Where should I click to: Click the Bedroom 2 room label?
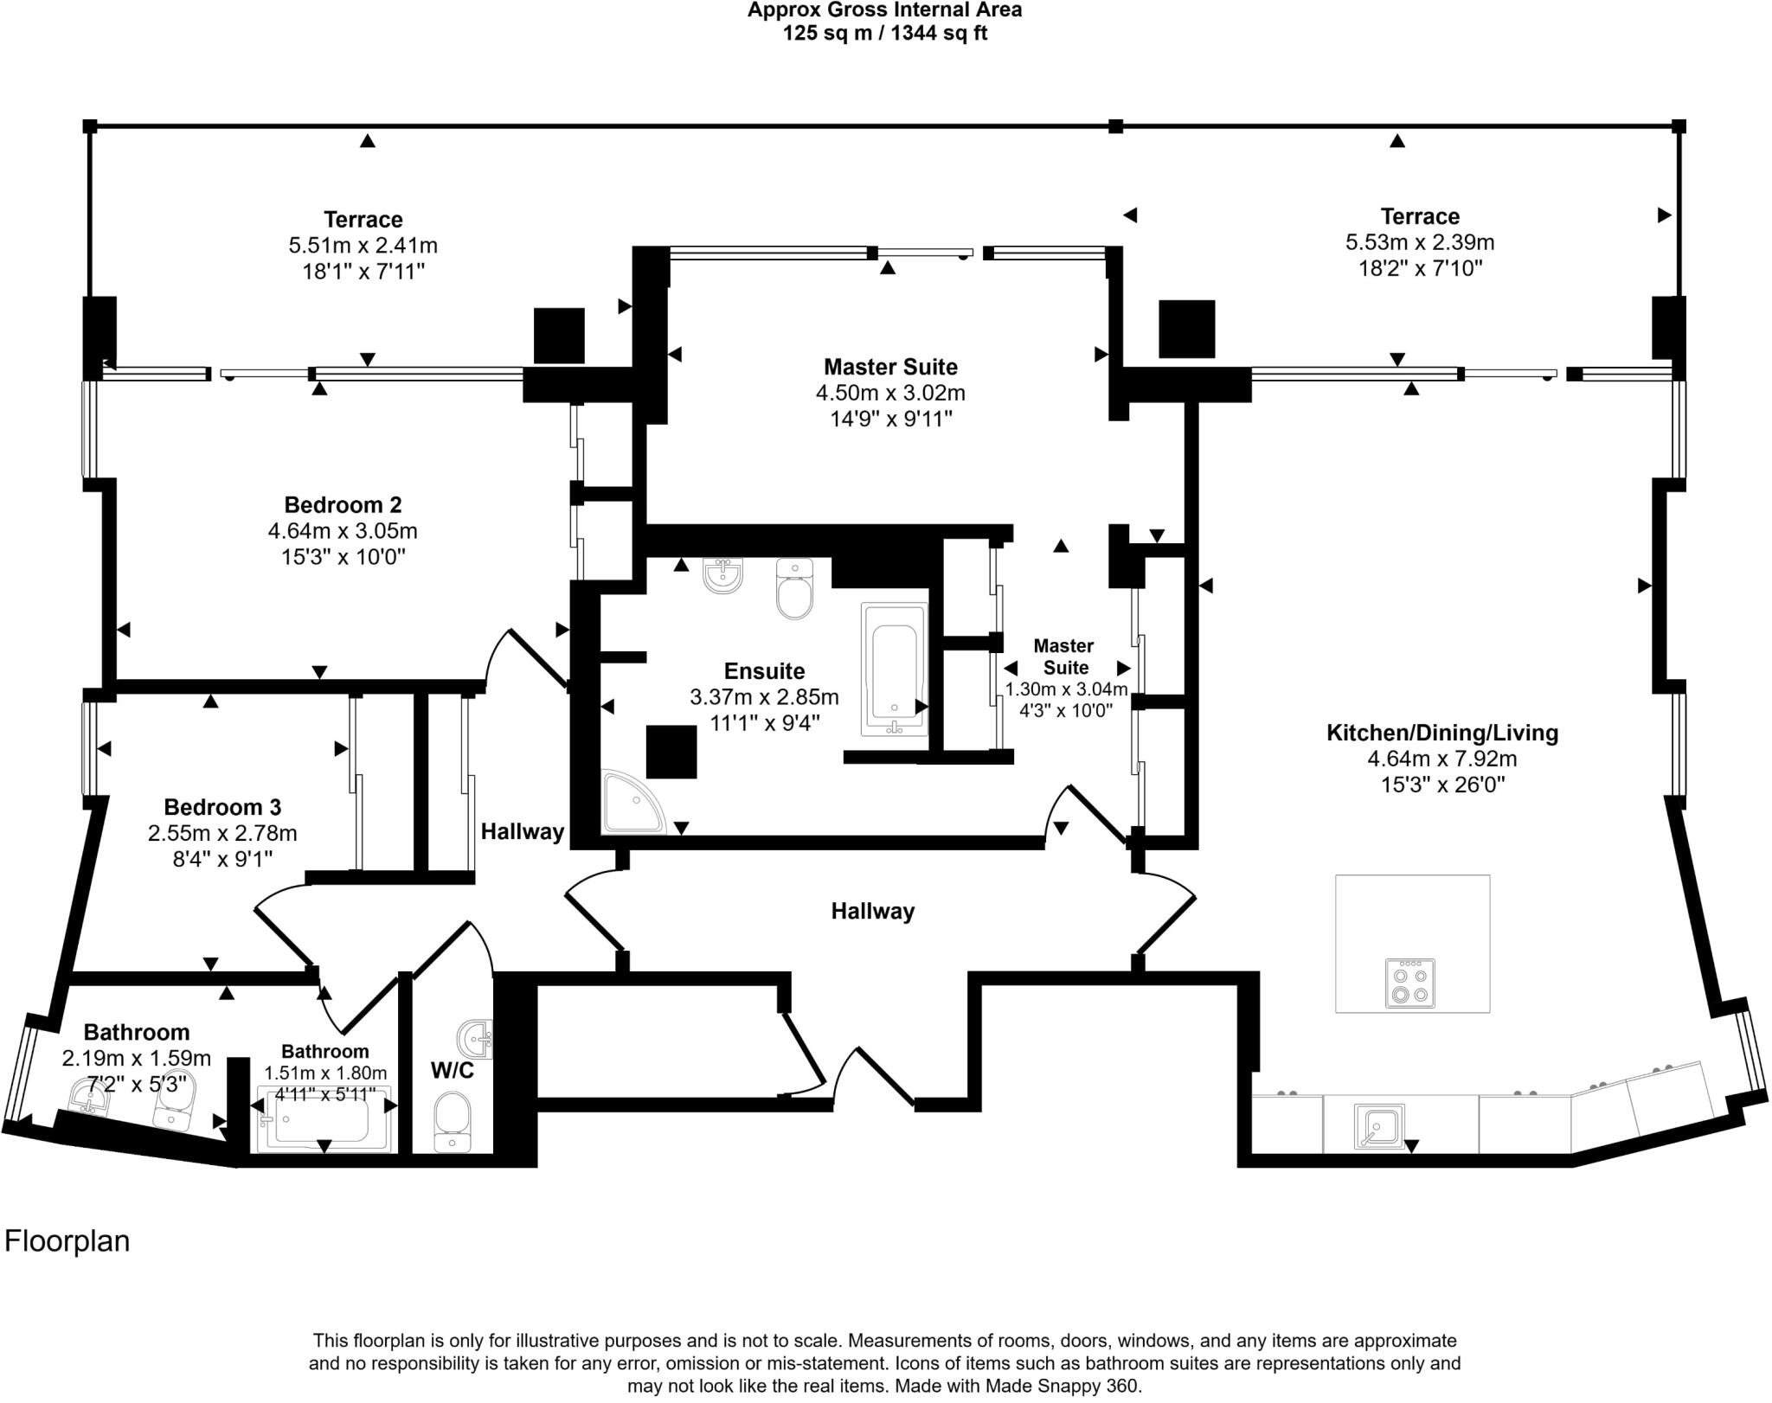click(x=343, y=504)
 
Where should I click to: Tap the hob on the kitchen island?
click(x=1409, y=983)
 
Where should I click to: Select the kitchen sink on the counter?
click(x=1378, y=1126)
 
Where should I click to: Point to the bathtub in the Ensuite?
click(x=895, y=669)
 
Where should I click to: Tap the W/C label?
click(x=452, y=1071)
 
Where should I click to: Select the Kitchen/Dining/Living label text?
click(x=1441, y=733)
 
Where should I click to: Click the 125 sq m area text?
click(x=884, y=34)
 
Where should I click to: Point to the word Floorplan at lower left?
click(x=67, y=1240)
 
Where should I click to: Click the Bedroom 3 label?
click(x=222, y=807)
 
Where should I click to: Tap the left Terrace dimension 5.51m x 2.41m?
click(x=363, y=246)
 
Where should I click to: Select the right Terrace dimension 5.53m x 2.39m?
click(x=1419, y=242)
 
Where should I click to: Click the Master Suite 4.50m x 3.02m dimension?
click(x=890, y=393)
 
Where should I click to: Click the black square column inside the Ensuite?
click(x=671, y=752)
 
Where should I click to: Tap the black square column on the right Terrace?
click(x=1186, y=329)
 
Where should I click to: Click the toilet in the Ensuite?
click(x=794, y=589)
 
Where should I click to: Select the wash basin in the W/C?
click(x=474, y=1036)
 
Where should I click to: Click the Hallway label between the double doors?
click(x=872, y=911)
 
